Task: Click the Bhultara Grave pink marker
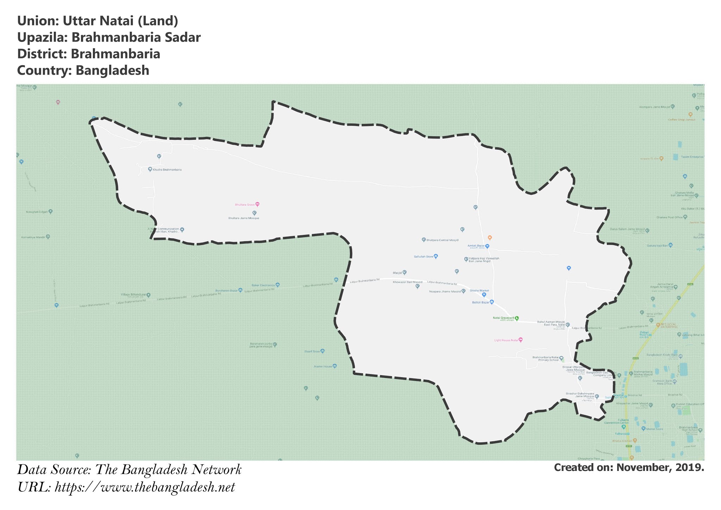(257, 204)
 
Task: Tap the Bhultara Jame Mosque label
(244, 218)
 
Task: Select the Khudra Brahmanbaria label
(167, 170)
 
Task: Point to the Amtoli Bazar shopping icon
(487, 246)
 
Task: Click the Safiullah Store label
(424, 257)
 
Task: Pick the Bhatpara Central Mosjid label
(442, 240)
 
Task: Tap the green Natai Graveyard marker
(517, 318)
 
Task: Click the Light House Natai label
(506, 340)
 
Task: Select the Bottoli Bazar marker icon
(492, 302)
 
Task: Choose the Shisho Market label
(479, 291)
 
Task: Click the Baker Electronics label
(263, 285)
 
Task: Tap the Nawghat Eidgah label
(37, 212)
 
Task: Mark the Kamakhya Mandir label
(33, 237)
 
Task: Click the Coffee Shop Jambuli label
(682, 120)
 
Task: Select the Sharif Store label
(312, 352)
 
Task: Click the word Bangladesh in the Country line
(112, 70)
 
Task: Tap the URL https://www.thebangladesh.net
(145, 487)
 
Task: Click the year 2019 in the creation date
(690, 468)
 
